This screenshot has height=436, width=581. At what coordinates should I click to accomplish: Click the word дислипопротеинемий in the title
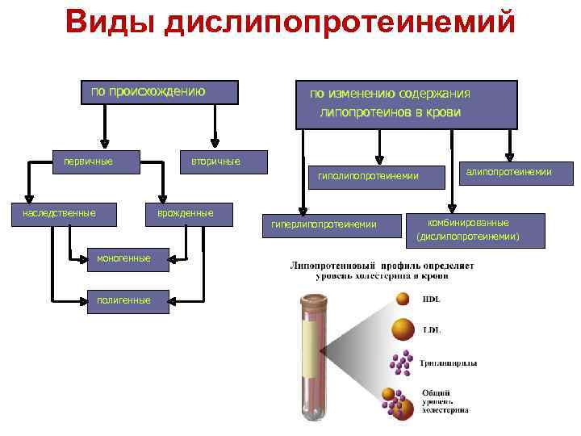[338, 22]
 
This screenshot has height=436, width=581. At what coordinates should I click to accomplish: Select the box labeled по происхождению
[158, 92]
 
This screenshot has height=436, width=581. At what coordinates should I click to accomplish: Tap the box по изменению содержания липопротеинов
[406, 105]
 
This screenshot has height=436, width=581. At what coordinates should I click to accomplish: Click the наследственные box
[60, 213]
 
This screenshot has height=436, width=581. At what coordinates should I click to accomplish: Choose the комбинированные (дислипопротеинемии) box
[468, 228]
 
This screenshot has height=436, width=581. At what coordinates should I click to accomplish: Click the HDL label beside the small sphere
[431, 300]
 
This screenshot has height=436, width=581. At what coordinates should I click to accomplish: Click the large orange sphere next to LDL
[402, 329]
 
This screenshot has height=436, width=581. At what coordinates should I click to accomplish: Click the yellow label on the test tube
[311, 355]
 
